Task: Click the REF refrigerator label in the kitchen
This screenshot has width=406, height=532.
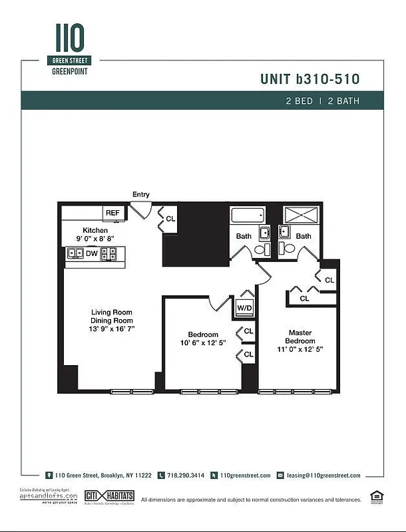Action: pyautogui.click(x=112, y=213)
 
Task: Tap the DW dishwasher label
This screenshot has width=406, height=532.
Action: pyautogui.click(x=91, y=253)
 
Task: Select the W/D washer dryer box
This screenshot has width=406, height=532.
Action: pyautogui.click(x=244, y=308)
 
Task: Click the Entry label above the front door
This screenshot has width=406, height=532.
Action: pyautogui.click(x=141, y=195)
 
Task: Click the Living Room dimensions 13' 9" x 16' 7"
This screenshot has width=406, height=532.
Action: pyautogui.click(x=112, y=329)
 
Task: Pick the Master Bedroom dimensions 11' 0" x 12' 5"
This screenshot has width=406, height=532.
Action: pyautogui.click(x=300, y=349)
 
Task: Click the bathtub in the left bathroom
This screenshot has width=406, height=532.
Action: pyautogui.click(x=248, y=217)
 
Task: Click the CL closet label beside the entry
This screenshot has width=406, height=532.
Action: pyautogui.click(x=170, y=218)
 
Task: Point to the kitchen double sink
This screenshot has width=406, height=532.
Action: pyautogui.click(x=74, y=253)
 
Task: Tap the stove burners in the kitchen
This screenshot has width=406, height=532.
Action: pyautogui.click(x=108, y=253)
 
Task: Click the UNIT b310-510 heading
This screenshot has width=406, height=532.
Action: pyautogui.click(x=310, y=79)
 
